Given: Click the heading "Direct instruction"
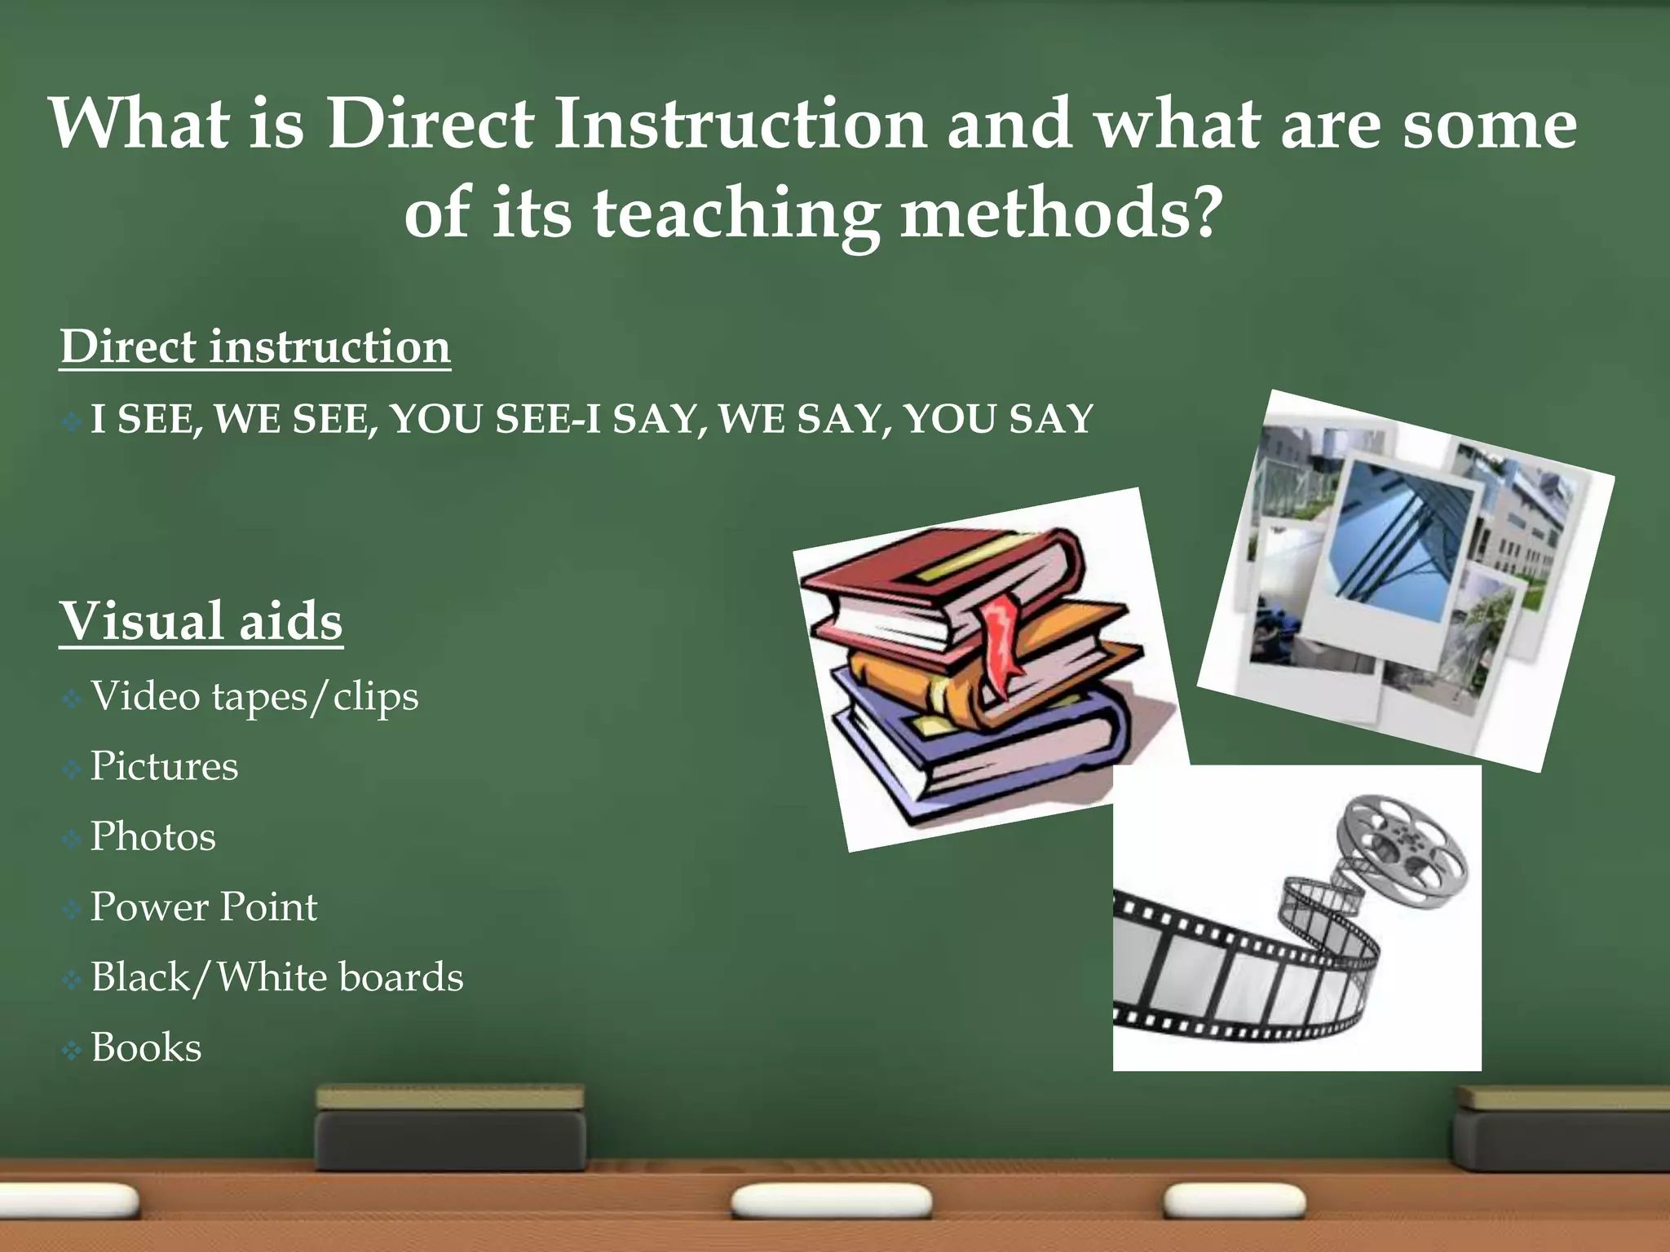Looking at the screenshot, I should point(254,347).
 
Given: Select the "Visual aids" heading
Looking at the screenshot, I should point(201,621).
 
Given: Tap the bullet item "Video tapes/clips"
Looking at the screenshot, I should point(254,697).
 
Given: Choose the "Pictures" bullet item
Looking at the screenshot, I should point(164,766).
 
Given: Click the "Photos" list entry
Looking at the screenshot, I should point(153,837).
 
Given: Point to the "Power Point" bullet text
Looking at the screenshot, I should point(204,907).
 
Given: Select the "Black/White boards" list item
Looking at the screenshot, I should point(276,977).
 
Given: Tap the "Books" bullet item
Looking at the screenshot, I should point(146,1048).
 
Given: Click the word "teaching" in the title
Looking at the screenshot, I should point(736,214).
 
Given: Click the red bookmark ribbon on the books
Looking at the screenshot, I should point(1000,644).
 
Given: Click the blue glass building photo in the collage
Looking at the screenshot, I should point(1399,546).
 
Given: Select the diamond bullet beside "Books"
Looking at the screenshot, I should point(72,1051).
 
